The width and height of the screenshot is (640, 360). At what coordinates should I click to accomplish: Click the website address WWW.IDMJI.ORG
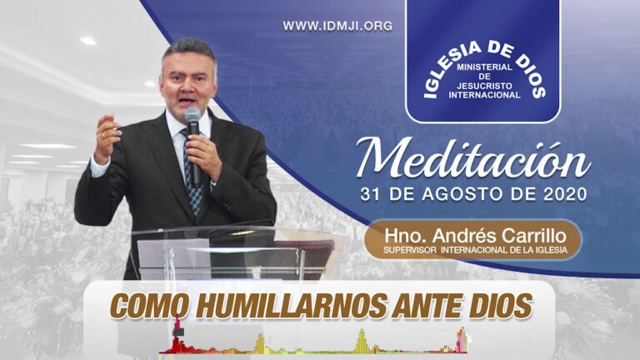pos(337,26)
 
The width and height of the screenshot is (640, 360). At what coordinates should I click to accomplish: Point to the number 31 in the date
pos(372,195)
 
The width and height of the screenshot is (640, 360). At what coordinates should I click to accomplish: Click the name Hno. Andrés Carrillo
pos(472,234)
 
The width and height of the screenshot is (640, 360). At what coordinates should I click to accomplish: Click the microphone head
pos(192,117)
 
